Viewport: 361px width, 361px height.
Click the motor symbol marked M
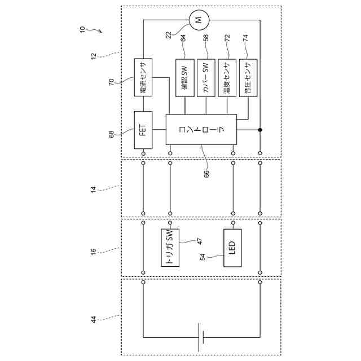coord(197,21)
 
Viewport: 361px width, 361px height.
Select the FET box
coord(143,129)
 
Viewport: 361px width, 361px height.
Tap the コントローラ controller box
coord(201,129)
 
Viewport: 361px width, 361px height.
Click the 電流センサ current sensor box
coord(143,78)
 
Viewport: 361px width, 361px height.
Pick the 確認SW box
coord(184,78)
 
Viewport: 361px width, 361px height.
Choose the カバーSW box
coord(206,78)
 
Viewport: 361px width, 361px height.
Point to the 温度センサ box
coord(227,78)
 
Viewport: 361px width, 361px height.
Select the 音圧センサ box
coord(248,78)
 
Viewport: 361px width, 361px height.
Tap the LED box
coord(232,248)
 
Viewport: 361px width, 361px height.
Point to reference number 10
coord(82,28)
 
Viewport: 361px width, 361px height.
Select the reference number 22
coord(169,35)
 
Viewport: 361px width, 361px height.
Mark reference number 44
coord(94,320)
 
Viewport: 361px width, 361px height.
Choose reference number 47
coord(199,241)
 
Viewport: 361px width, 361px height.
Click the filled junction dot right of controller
coord(260,130)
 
